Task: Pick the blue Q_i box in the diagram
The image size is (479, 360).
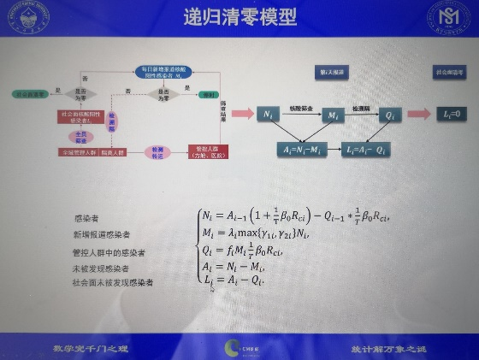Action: pos(389,114)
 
